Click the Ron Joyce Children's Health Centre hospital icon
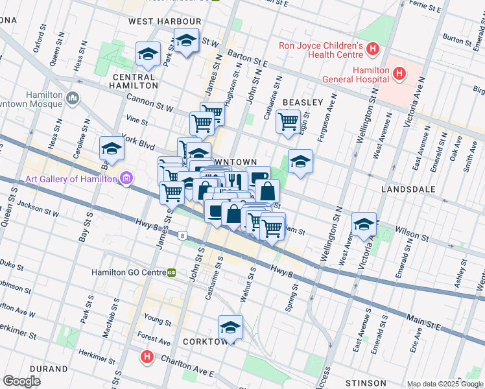(372, 49)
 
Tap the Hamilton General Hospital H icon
(399, 73)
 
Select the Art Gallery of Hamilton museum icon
(126, 178)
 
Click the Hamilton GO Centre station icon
(172, 273)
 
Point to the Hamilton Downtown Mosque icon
(72, 99)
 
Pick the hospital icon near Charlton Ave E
(147, 357)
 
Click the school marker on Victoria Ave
(364, 223)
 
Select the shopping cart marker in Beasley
(288, 120)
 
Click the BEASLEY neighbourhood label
(303, 102)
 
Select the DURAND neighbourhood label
(49, 369)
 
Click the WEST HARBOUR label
(165, 21)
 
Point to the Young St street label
(157, 320)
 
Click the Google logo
(22, 381)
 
